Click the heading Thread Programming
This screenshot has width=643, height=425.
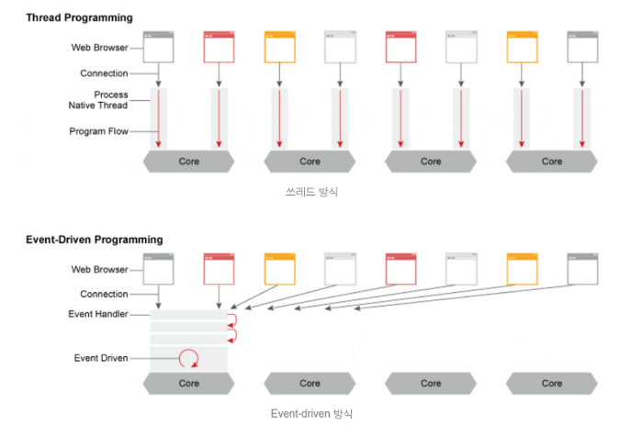pos(79,17)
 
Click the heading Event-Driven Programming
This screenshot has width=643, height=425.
pos(94,240)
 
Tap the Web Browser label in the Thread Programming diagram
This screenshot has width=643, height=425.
pos(99,48)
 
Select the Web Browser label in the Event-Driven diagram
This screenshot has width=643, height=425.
pos(99,270)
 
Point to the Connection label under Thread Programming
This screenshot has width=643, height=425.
pos(104,73)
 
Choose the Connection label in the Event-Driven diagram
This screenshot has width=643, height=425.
pos(104,295)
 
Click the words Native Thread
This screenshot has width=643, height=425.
pos(98,106)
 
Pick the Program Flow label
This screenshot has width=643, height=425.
pos(98,131)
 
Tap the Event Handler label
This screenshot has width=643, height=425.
pos(98,315)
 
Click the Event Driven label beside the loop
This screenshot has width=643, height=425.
pos(101,358)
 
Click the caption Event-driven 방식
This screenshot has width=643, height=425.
pos(311,413)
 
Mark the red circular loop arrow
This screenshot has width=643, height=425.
pos(188,358)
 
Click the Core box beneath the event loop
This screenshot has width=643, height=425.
pos(188,383)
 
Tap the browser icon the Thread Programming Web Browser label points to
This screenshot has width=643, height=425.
pos(159,48)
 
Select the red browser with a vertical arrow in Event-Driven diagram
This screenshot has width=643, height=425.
pos(219,269)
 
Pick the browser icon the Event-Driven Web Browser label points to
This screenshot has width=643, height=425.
pos(159,269)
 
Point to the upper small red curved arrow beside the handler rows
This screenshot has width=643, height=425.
pos(231,319)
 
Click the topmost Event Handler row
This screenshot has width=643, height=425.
pos(188,315)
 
